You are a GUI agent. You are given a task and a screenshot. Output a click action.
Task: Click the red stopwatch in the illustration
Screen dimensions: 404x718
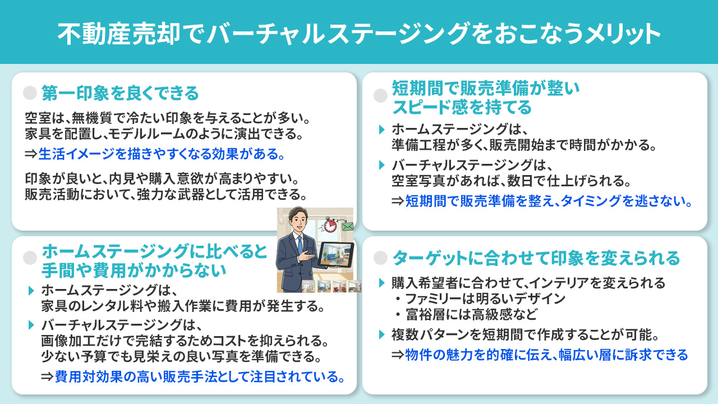(x=331, y=224)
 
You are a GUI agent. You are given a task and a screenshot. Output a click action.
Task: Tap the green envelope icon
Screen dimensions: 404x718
(x=347, y=227)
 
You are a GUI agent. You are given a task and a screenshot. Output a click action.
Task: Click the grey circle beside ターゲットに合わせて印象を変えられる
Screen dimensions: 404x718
(x=381, y=258)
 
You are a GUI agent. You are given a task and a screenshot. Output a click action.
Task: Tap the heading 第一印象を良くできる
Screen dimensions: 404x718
(x=120, y=93)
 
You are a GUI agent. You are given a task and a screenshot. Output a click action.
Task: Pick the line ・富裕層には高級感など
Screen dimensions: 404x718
(x=465, y=313)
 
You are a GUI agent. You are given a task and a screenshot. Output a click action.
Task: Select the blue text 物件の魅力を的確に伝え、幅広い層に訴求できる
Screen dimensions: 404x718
(x=546, y=355)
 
